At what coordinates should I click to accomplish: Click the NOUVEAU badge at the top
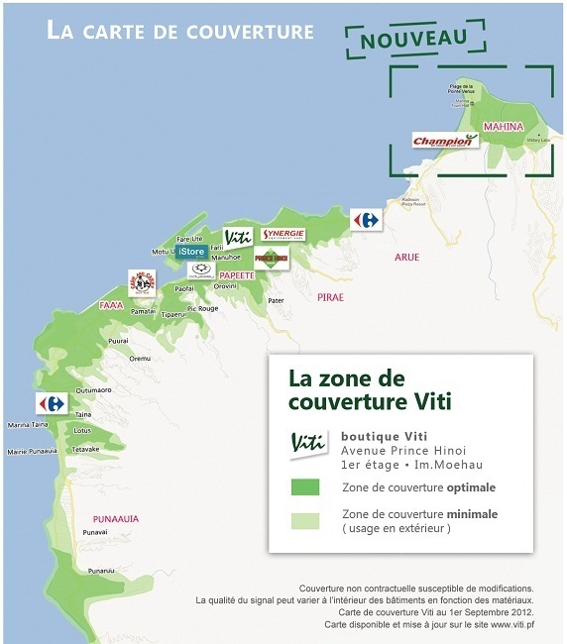[414, 38]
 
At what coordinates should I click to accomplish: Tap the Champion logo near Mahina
[445, 141]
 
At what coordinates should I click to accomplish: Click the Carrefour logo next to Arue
[366, 219]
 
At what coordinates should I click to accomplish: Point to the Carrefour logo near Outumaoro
[51, 403]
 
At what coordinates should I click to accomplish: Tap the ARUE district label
[406, 257]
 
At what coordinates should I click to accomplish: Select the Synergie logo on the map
[283, 235]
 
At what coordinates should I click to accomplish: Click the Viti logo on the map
[238, 238]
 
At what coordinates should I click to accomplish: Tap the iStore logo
[191, 252]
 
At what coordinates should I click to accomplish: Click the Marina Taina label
[27, 425]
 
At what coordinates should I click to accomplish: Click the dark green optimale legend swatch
[304, 487]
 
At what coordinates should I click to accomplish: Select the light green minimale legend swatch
[304, 520]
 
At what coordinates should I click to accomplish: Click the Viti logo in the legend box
[308, 445]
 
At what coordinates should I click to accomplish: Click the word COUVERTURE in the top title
[250, 32]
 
